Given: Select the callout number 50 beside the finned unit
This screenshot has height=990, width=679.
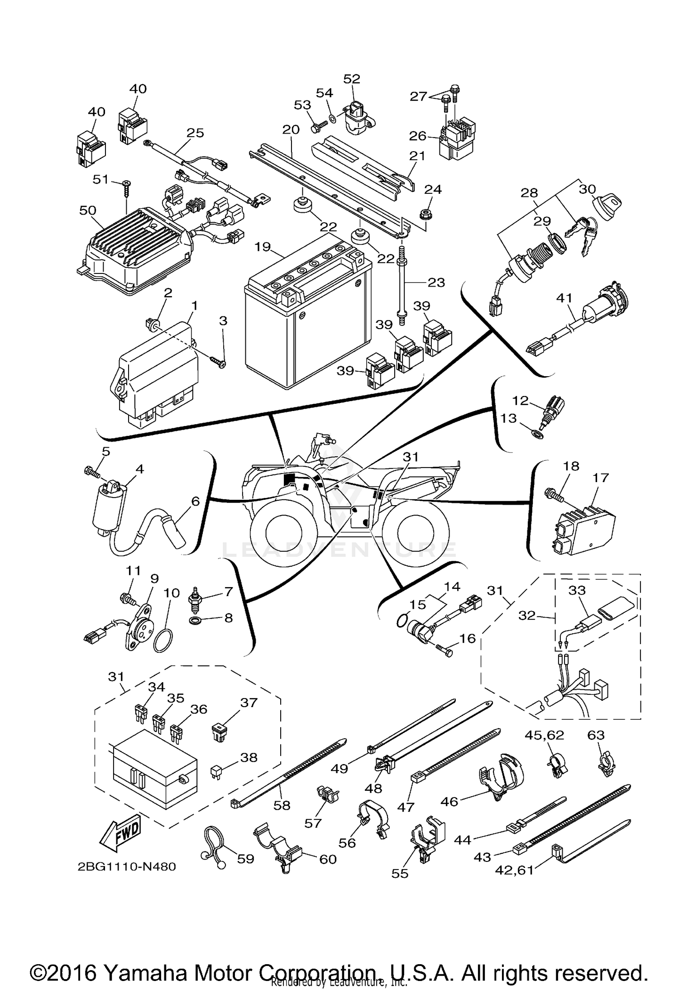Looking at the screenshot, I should point(88,210).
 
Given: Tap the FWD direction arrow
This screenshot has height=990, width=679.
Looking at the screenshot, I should point(120,833).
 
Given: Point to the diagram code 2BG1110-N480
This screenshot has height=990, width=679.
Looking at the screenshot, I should point(127,866).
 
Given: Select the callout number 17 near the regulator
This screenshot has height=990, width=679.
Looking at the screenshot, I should point(601,478).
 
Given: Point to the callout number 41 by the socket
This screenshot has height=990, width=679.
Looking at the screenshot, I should point(564,298).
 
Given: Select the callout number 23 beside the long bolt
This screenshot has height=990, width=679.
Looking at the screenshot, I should point(436,282).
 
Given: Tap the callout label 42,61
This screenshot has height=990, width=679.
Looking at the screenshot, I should point(515,870).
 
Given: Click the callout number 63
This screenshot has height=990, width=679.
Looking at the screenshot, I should point(596,735).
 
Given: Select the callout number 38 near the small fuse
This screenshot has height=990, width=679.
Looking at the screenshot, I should point(248,757).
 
